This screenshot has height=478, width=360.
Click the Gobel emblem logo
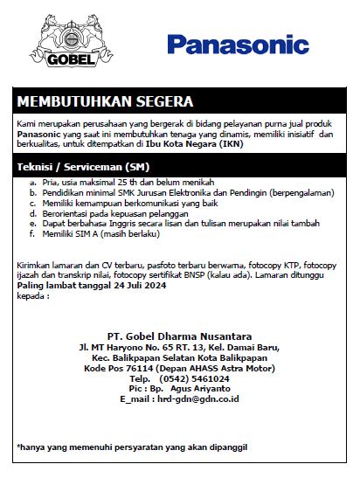click(62, 43)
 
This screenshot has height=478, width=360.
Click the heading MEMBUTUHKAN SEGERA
click(104, 101)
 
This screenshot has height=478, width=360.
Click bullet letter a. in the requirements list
click(34, 181)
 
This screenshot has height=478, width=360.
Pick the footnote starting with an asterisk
click(131, 447)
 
